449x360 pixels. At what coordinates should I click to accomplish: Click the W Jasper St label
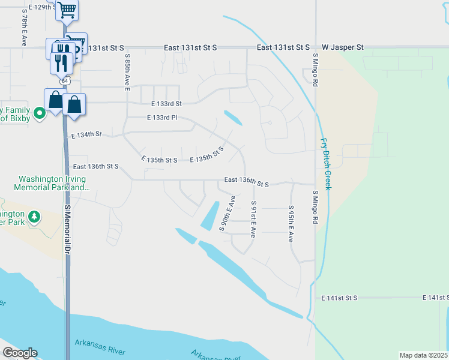coord(343,47)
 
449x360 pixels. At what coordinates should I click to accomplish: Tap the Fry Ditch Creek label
coord(325,164)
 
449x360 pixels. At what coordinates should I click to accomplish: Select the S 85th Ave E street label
coord(128,71)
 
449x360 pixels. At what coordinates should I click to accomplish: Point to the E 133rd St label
coord(166,103)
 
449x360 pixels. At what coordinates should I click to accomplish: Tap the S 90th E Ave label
coord(227,213)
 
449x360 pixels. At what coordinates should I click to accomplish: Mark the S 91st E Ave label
coord(253,219)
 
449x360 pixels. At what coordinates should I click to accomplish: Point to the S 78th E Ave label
coord(24,27)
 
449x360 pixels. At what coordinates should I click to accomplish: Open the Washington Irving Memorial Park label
coord(54,183)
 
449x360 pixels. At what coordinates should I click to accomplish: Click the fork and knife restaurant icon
coord(61,62)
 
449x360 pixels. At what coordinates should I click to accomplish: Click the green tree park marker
coord(35,216)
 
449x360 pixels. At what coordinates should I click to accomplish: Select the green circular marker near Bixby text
coord(40,113)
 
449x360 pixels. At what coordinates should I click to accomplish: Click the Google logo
coord(20,353)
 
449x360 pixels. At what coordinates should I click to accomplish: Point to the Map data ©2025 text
coord(423,355)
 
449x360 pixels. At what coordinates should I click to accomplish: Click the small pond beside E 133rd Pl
coord(233,118)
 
